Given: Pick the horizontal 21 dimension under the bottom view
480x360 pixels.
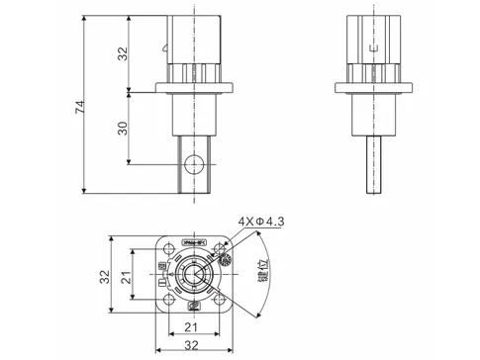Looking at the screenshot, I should point(193,329).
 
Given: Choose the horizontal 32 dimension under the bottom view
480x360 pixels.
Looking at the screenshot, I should point(193,348).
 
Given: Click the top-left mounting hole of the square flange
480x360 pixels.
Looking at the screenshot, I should point(164,251).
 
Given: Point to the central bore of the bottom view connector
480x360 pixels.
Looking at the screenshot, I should point(192,277).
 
